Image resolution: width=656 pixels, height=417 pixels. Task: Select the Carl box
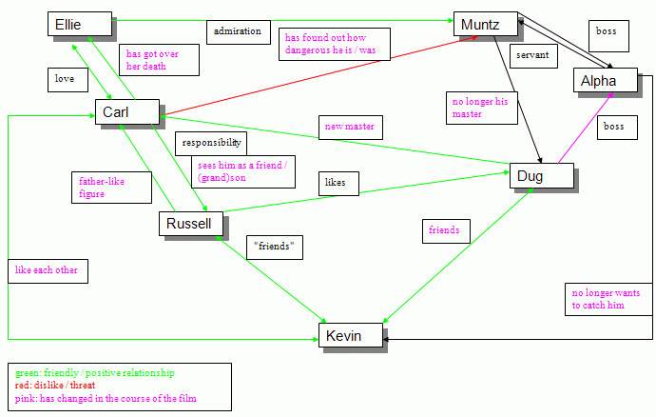click(126, 113)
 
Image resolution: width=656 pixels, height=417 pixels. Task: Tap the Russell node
click(191, 224)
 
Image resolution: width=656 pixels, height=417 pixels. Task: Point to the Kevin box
click(350, 335)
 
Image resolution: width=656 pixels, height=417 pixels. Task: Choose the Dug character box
click(541, 176)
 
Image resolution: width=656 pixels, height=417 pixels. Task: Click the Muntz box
click(485, 25)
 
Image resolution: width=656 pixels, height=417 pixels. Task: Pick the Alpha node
click(608, 82)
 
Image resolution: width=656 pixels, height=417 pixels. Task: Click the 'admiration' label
click(238, 31)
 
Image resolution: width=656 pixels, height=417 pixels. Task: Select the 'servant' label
click(532, 56)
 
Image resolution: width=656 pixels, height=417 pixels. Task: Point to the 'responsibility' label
click(210, 144)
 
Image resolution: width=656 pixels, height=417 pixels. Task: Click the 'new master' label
click(349, 128)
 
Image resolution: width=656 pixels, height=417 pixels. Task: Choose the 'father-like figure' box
click(112, 187)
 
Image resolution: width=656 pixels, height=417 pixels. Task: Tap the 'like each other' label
click(46, 270)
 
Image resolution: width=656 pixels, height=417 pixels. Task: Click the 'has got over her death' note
click(160, 60)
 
